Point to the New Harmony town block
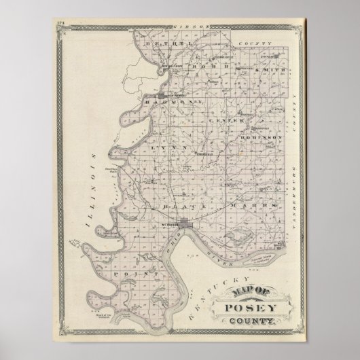166,94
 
